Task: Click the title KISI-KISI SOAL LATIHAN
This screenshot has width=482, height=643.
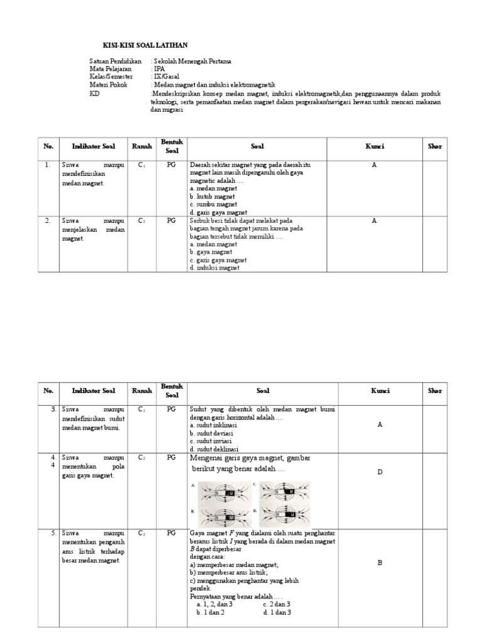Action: (x=145, y=45)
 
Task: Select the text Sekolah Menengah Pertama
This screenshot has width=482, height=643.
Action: (x=192, y=62)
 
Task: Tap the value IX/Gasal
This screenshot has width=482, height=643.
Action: (x=166, y=77)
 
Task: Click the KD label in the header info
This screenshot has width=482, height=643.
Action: (x=95, y=93)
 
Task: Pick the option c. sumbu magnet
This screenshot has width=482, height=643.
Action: (x=213, y=204)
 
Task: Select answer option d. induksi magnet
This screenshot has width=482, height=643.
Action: (x=215, y=268)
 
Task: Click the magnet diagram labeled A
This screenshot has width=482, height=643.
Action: (x=222, y=493)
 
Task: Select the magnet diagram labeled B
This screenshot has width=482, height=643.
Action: (x=222, y=518)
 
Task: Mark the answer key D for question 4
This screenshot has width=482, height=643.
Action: (x=380, y=472)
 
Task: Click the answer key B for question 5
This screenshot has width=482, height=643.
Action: (x=380, y=563)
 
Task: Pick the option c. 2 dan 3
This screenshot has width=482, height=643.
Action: (x=277, y=603)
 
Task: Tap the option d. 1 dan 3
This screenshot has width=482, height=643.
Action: (x=277, y=612)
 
